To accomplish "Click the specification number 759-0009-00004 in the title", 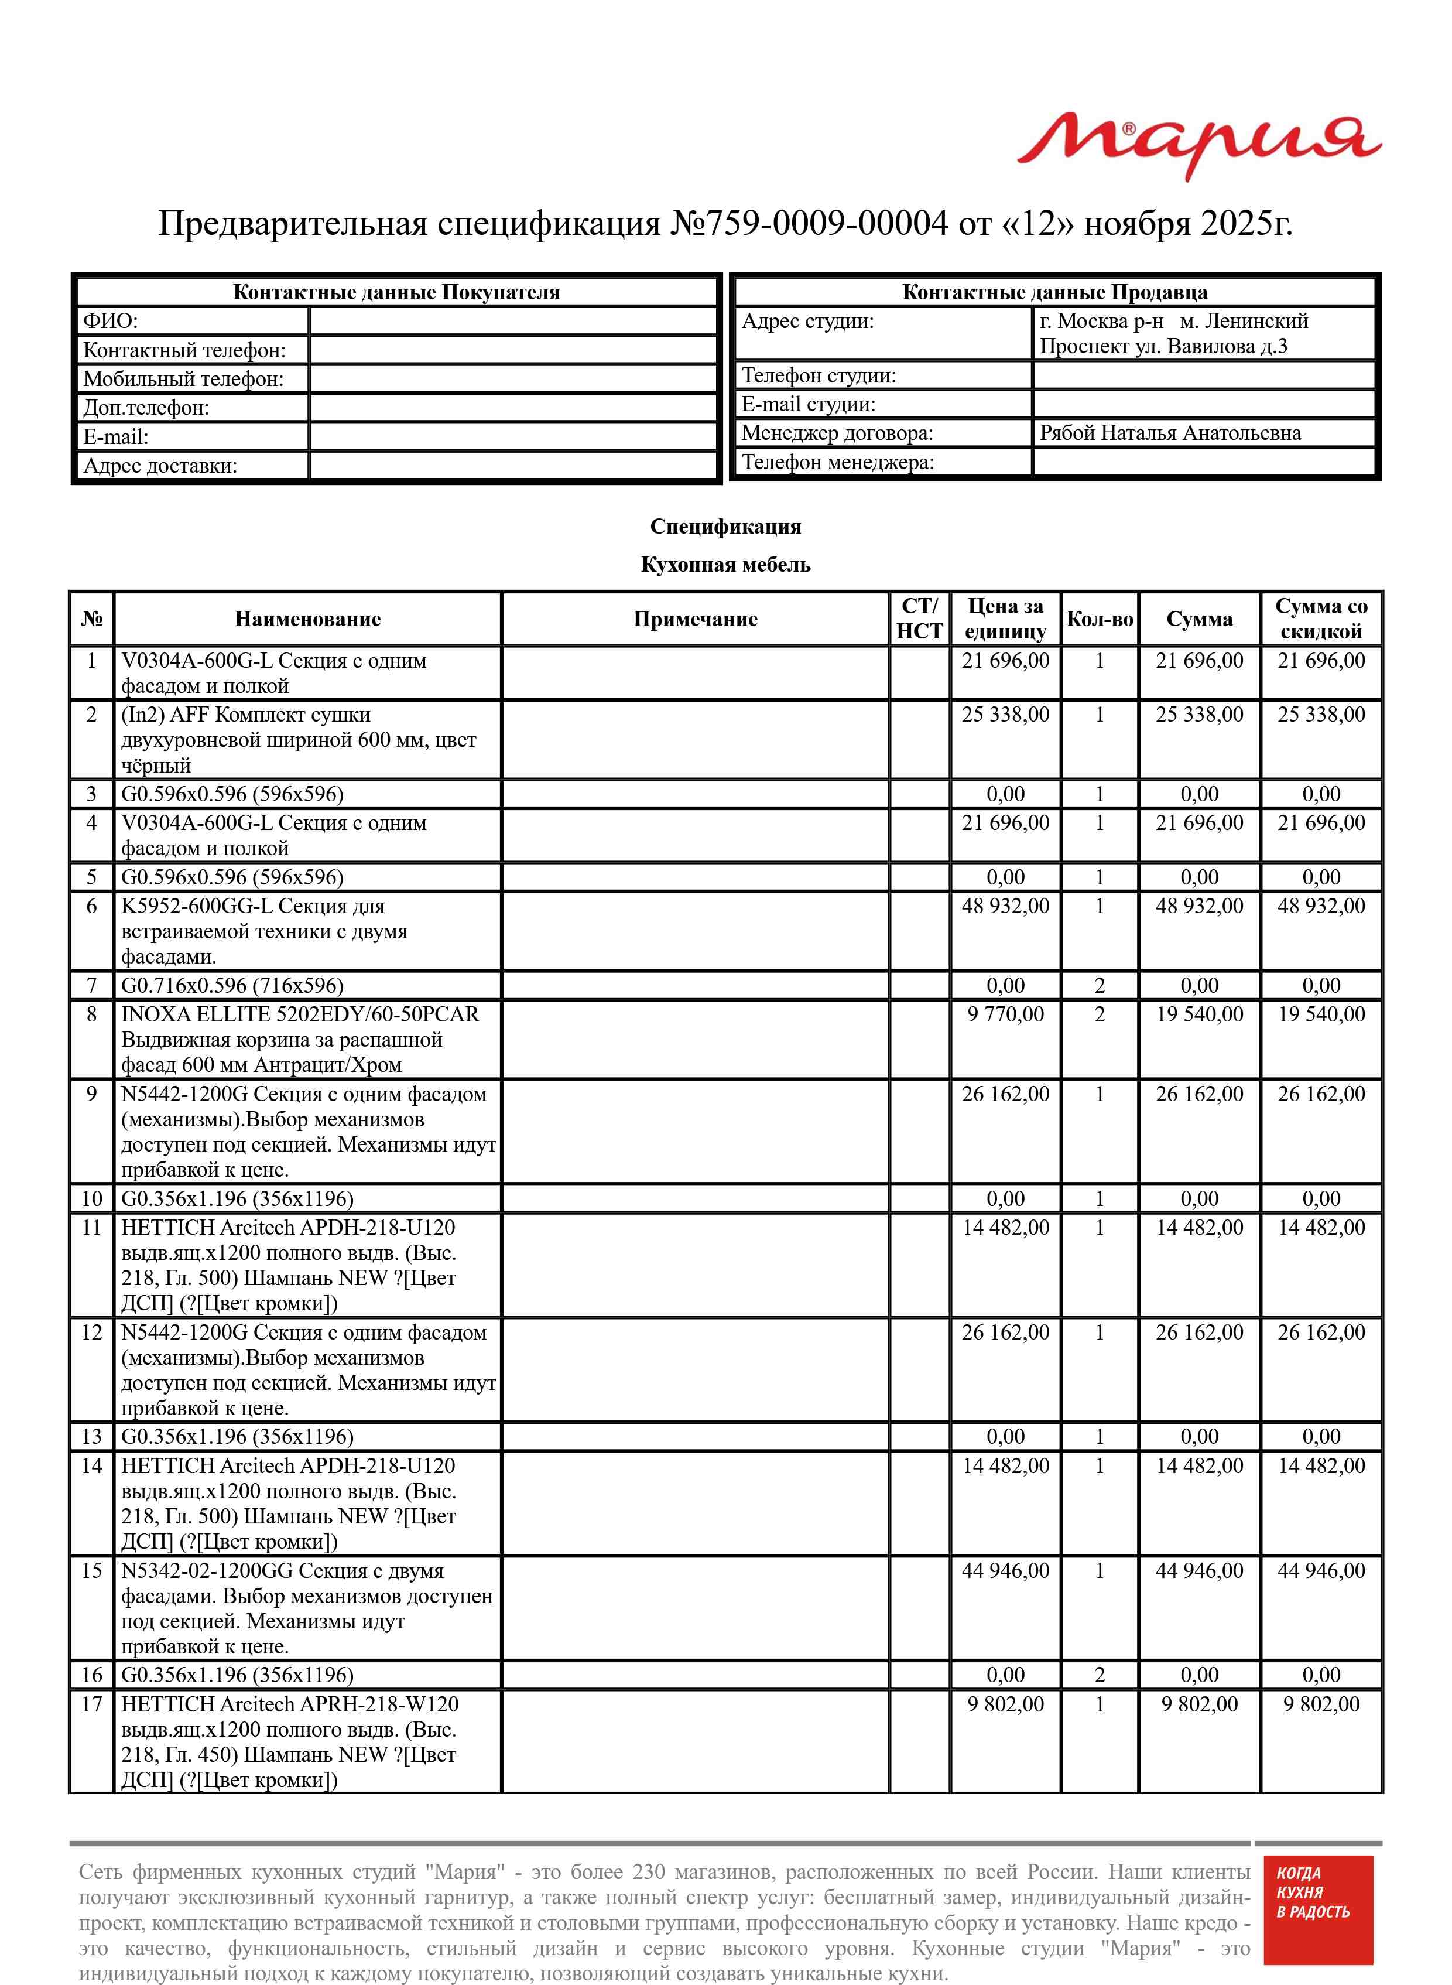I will [x=809, y=223].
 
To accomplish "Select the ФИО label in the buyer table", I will [x=111, y=321].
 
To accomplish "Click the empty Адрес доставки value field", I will [x=513, y=465].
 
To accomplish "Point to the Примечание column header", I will [x=694, y=619].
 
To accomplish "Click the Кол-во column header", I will [x=1099, y=619].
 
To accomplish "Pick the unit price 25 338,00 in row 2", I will [x=1005, y=715].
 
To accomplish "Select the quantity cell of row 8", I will [x=1099, y=1014].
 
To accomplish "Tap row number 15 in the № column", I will [x=91, y=1570].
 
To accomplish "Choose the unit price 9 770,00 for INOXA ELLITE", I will [x=1005, y=1014].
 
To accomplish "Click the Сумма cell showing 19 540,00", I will [x=1199, y=1014].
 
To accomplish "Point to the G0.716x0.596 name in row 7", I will [x=232, y=985].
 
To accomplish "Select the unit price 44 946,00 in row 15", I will [x=1005, y=1570].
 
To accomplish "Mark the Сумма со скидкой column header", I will [x=1320, y=619].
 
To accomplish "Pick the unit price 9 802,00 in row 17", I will [x=1005, y=1704].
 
